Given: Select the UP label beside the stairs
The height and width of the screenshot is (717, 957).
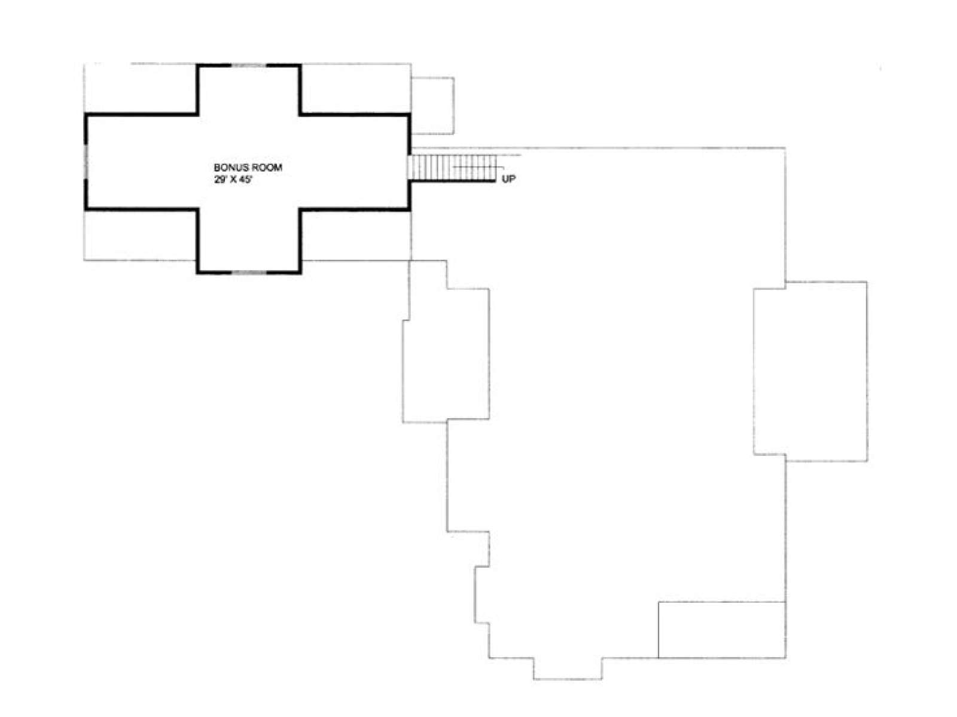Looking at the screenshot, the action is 508,179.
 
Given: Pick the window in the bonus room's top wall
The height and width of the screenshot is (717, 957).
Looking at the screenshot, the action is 248,65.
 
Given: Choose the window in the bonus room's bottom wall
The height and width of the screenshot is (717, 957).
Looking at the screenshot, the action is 248,272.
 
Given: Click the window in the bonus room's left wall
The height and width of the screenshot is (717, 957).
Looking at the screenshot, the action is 86,161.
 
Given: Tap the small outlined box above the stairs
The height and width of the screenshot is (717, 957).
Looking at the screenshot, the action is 432,106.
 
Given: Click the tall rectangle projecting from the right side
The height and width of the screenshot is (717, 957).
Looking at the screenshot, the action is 810,371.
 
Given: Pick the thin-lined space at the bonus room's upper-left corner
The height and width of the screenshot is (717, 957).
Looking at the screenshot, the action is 141,89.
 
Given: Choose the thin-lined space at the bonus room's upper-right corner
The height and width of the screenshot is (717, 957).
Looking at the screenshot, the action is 355,89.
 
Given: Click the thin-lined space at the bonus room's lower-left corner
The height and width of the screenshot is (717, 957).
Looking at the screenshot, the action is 141,235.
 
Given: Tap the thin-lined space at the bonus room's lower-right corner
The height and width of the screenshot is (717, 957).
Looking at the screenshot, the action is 355,235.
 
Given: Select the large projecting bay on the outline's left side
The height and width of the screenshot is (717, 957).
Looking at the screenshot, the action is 446,355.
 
